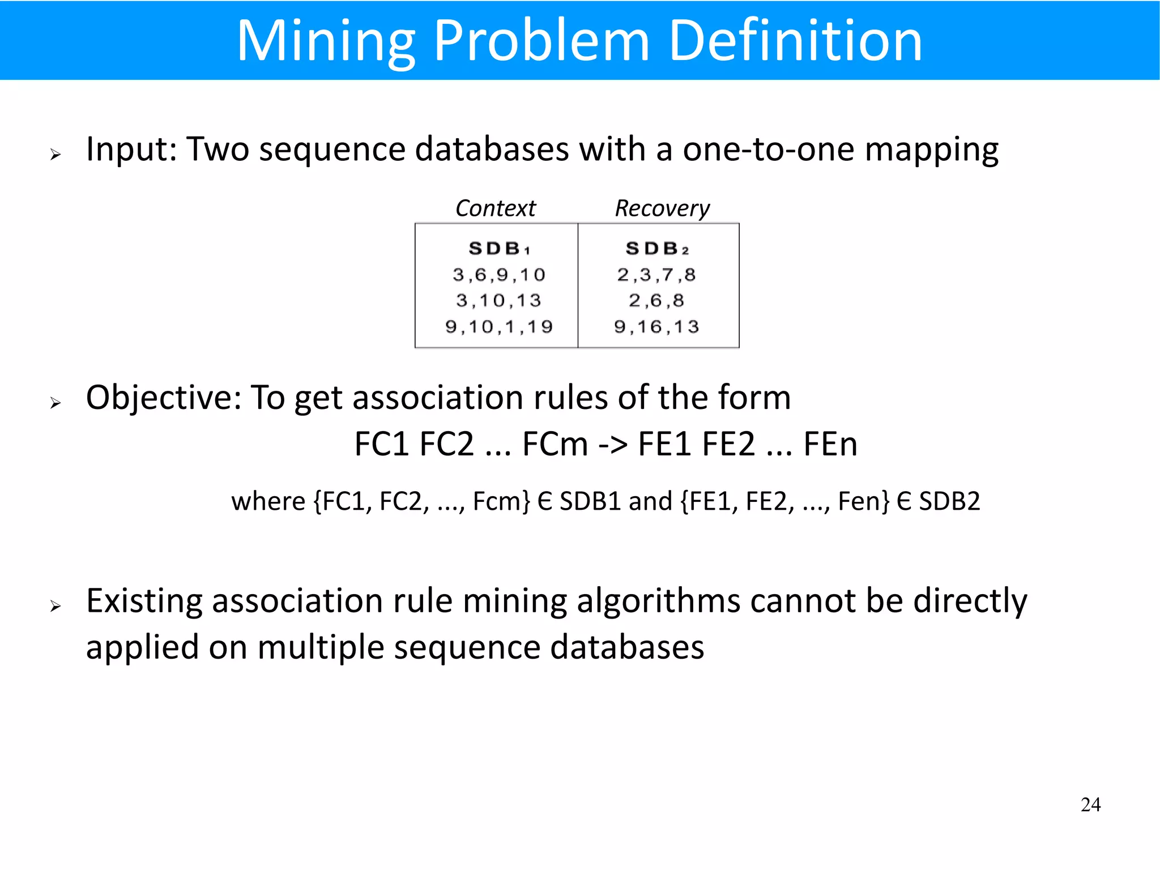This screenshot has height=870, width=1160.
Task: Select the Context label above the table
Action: (495, 208)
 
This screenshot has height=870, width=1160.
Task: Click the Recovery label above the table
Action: (662, 208)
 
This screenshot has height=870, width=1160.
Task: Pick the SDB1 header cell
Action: (498, 248)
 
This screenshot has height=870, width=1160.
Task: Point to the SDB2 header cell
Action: (657, 248)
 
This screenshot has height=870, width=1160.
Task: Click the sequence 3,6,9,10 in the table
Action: (498, 275)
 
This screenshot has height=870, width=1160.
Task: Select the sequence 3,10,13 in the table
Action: (498, 300)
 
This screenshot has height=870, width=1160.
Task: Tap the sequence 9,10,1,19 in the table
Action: (498, 327)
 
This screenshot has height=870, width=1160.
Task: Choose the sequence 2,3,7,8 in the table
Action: (656, 275)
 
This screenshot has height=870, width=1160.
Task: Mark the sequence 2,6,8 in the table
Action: (656, 300)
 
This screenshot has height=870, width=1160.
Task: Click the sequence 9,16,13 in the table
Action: (656, 327)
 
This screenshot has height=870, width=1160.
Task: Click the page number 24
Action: (1090, 805)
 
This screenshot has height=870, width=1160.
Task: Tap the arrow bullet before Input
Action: (55, 154)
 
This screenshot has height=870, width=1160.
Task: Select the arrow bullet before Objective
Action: (55, 403)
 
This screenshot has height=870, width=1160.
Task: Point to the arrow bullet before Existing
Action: (55, 606)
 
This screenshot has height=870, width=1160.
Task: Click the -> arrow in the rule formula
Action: (613, 444)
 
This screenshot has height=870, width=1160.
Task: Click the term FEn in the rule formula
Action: (830, 444)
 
